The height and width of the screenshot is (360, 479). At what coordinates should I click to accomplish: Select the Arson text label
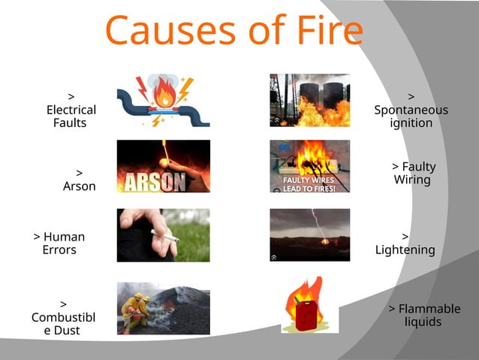point(79,180)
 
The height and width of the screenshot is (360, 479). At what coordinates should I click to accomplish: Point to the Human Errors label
point(59,244)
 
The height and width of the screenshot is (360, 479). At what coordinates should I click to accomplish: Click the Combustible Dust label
point(63,317)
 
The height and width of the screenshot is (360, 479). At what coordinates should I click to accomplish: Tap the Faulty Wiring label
point(413,174)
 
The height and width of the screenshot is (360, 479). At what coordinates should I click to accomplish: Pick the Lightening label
point(405,244)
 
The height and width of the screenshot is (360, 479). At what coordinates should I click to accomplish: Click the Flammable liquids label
point(423,316)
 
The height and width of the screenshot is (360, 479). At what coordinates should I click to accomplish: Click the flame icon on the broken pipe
point(163,95)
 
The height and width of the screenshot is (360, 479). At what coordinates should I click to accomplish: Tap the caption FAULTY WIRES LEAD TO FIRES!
point(309,184)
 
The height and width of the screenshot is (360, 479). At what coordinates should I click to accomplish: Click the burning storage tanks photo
point(309,99)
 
